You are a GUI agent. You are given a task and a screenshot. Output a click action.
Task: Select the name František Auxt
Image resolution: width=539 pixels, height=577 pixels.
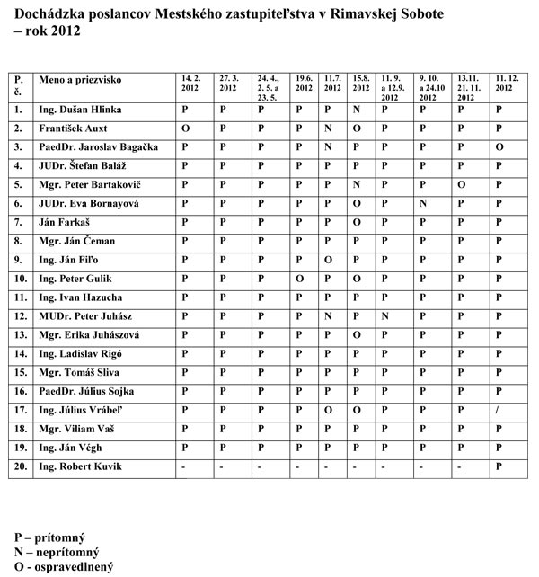click(x=74, y=128)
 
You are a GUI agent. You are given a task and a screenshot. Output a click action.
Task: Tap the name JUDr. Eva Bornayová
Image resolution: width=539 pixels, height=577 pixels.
click(x=89, y=203)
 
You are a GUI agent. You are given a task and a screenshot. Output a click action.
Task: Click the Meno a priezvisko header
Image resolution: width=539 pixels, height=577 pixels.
click(x=80, y=80)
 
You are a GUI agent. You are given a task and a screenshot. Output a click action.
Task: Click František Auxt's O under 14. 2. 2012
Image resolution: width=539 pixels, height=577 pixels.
click(x=184, y=128)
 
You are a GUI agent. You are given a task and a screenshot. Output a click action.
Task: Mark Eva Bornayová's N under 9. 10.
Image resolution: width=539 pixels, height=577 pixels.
click(x=421, y=203)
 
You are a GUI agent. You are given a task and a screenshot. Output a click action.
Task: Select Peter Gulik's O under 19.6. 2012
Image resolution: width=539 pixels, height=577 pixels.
click(x=299, y=279)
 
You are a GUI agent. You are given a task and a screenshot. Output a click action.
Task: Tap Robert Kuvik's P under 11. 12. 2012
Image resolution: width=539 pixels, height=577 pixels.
click(x=498, y=466)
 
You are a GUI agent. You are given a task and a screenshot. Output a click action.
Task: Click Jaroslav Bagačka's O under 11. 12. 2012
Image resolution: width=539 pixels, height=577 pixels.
click(x=498, y=146)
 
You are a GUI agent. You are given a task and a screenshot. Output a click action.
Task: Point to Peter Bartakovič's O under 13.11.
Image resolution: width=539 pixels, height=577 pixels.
click(x=461, y=184)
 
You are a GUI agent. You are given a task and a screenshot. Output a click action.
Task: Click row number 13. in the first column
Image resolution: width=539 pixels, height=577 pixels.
click(x=19, y=335)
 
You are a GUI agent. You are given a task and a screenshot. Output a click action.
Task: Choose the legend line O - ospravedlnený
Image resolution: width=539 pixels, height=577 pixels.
click(x=63, y=567)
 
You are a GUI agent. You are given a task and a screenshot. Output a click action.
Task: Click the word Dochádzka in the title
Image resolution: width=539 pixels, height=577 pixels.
click(x=55, y=16)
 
